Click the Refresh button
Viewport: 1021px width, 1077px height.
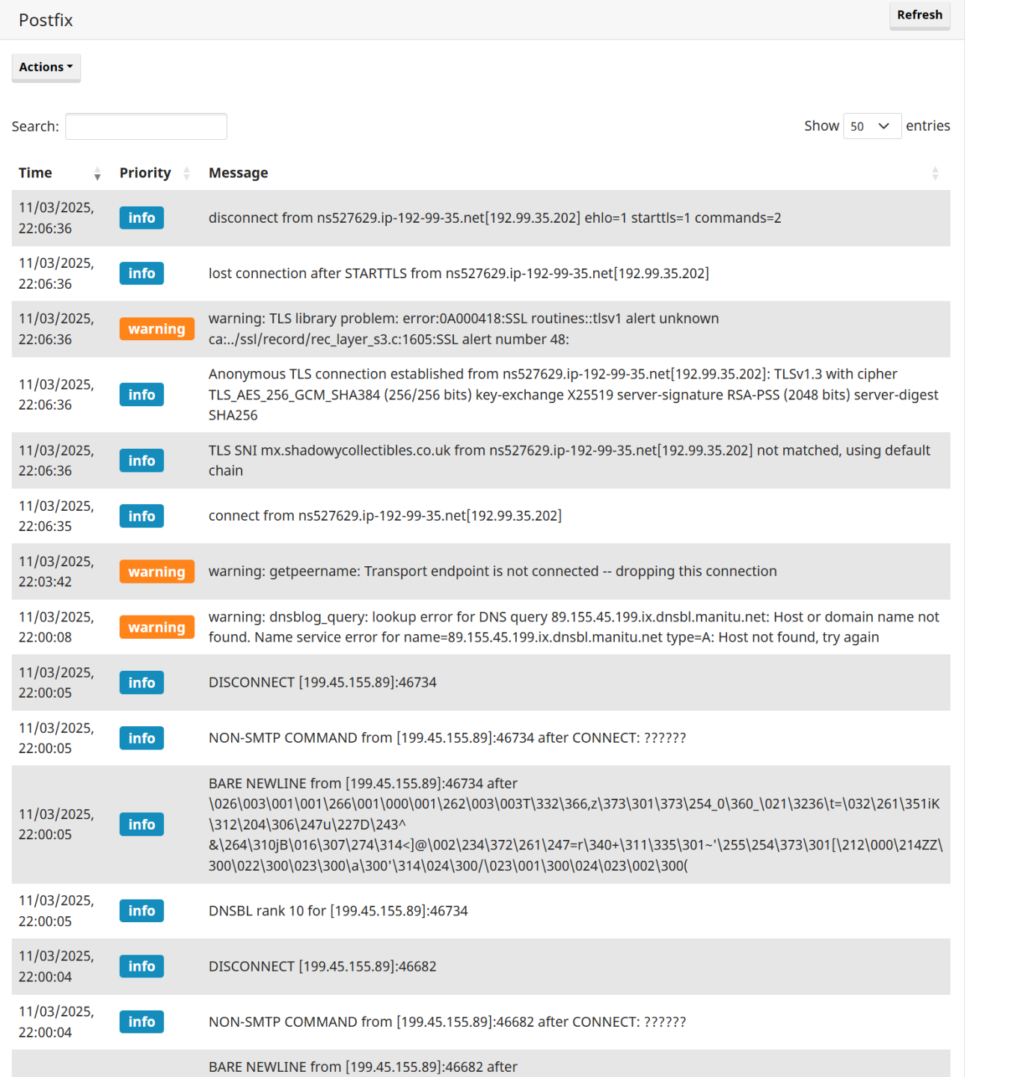click(x=919, y=15)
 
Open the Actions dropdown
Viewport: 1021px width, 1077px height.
click(x=46, y=67)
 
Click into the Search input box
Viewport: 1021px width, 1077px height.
click(x=146, y=126)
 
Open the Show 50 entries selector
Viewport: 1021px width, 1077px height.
click(x=871, y=126)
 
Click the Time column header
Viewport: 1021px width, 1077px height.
click(x=35, y=173)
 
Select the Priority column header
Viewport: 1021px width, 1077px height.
click(x=145, y=173)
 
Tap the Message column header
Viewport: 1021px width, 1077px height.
click(x=238, y=173)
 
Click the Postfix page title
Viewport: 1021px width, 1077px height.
click(x=46, y=20)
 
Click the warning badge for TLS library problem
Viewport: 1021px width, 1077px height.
click(x=156, y=329)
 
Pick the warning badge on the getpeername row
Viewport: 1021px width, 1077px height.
click(x=156, y=571)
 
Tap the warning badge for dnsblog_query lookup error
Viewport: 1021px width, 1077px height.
click(x=156, y=627)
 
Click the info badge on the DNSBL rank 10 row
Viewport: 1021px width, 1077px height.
click(x=141, y=910)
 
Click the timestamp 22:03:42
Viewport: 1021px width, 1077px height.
click(x=45, y=582)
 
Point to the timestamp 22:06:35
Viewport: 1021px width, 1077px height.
click(x=45, y=527)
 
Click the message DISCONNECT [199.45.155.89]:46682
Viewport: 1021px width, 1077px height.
click(x=322, y=966)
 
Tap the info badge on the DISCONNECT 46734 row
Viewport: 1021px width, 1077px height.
click(x=141, y=682)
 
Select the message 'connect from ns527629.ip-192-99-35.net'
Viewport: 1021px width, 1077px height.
click(x=384, y=516)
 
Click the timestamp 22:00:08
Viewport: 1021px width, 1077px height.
click(x=45, y=637)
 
